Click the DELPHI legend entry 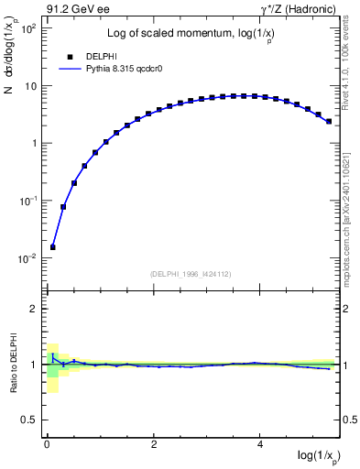point(102,56)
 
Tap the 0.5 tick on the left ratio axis point(29,420)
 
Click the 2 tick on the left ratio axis point(33,309)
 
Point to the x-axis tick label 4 point(261,444)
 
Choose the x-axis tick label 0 point(47,444)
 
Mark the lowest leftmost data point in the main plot point(53,246)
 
